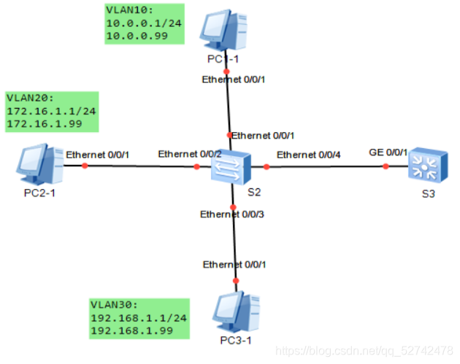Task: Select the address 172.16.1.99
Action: [42, 125]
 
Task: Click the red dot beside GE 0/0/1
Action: [387, 166]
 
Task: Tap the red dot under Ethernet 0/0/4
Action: [267, 167]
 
